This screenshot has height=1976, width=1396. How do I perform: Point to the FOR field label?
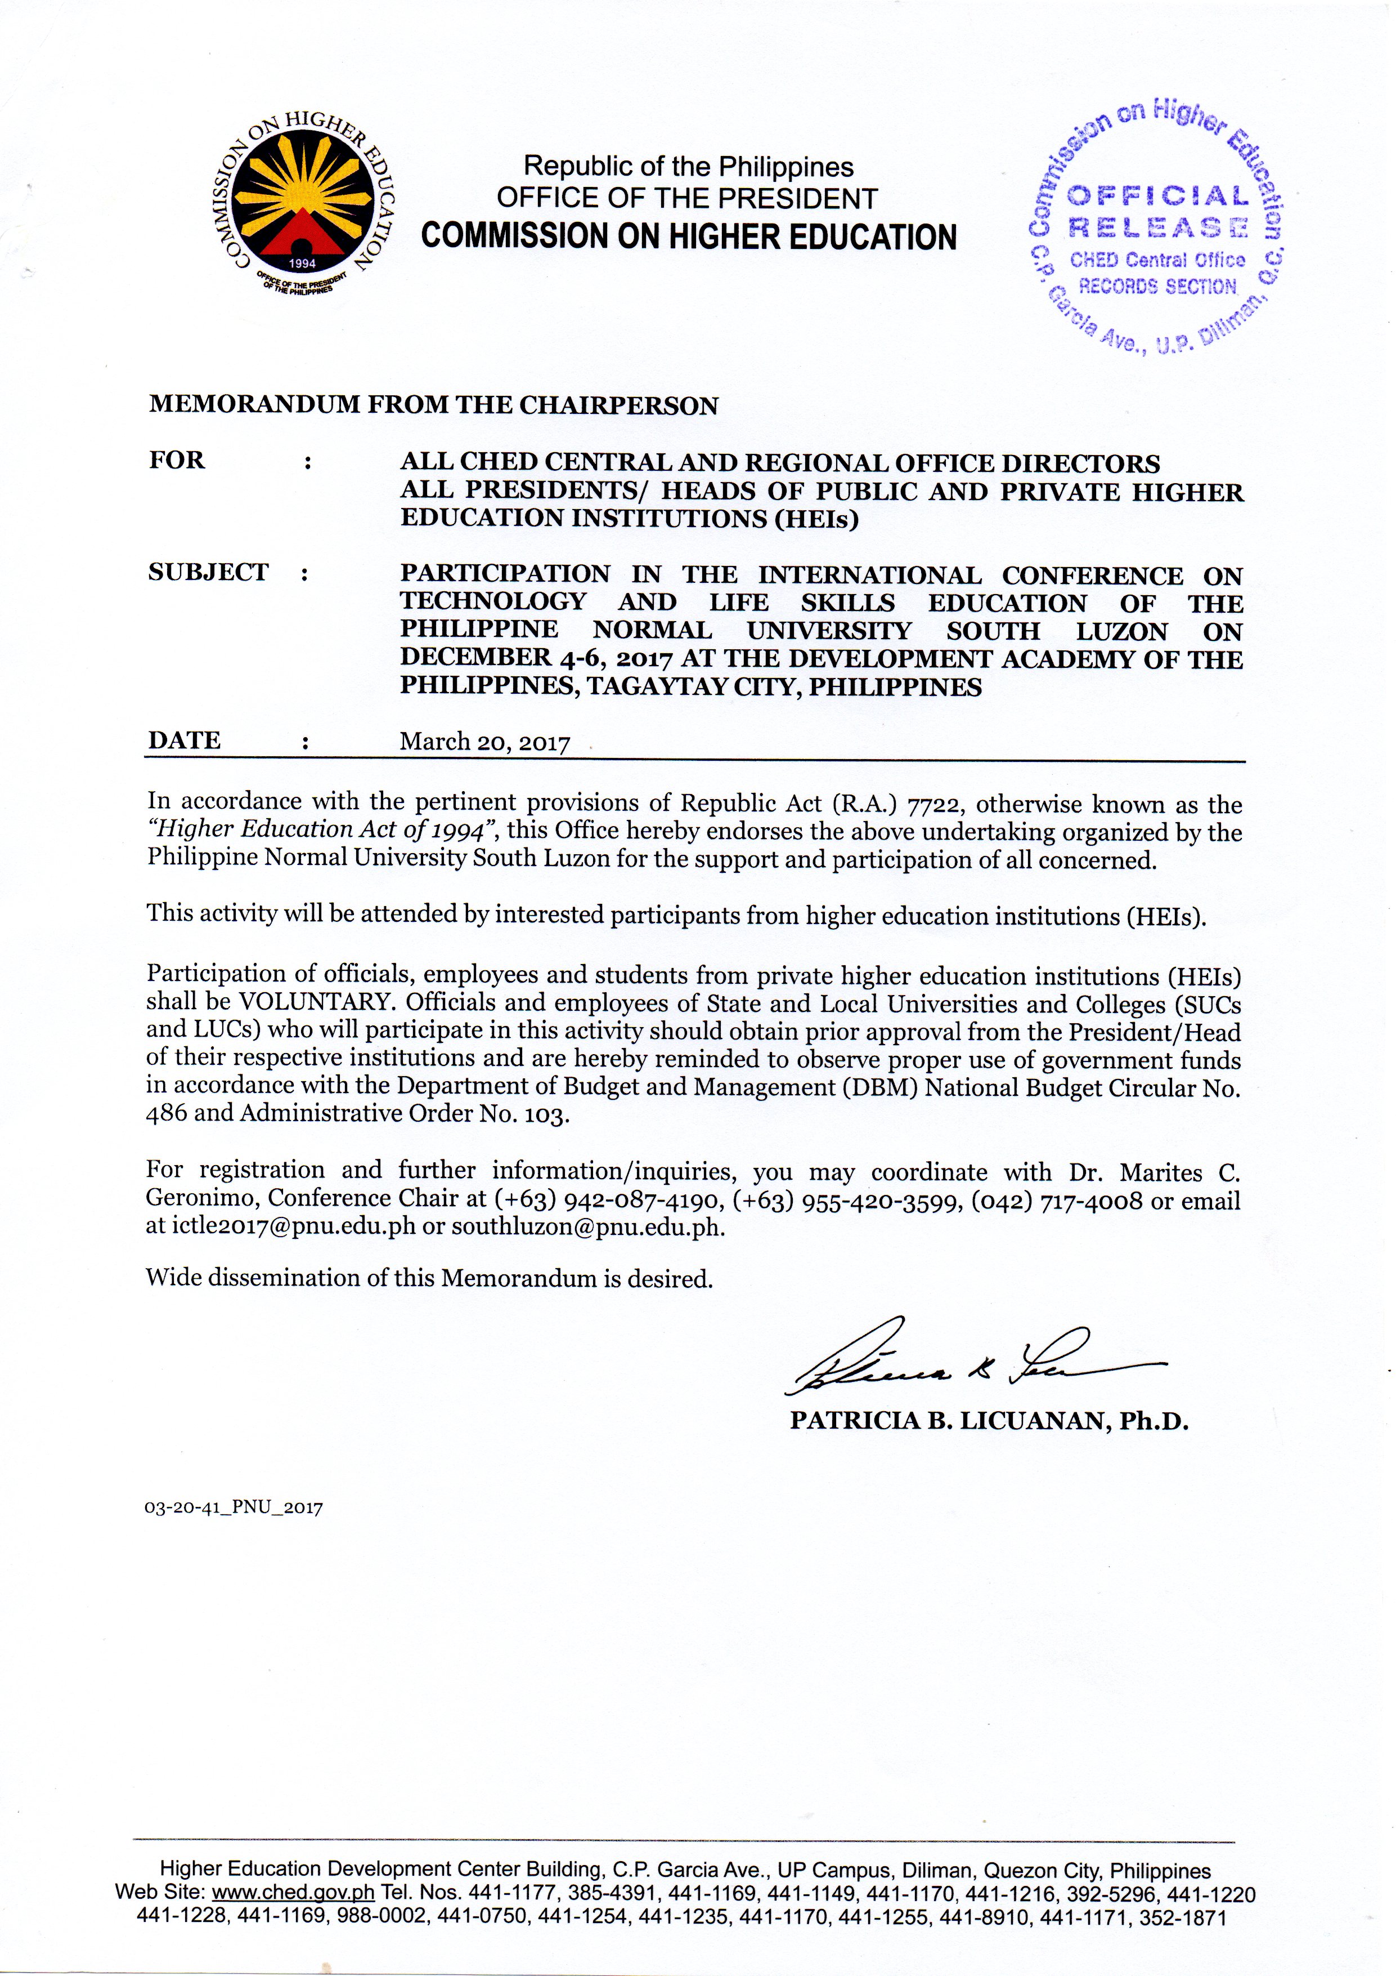[x=177, y=461]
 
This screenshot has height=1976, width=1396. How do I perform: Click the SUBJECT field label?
[x=208, y=572]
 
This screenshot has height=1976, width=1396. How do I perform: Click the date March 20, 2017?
[x=484, y=742]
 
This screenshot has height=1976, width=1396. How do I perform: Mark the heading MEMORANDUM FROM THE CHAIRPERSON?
[x=433, y=405]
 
